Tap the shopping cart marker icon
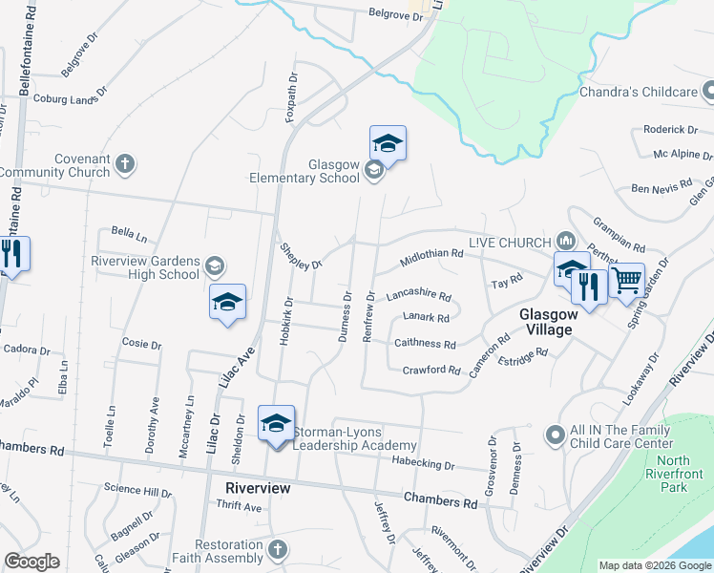point(627,281)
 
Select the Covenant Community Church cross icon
point(124,165)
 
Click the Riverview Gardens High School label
point(145,267)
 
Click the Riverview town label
point(257,487)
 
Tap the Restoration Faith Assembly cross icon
point(276,550)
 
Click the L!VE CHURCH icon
point(565,242)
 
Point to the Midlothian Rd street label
point(431,256)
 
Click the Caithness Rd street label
point(424,344)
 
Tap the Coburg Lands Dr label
point(71,97)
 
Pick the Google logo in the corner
point(31,562)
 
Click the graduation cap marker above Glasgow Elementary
point(388,143)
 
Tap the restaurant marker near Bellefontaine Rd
point(12,254)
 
